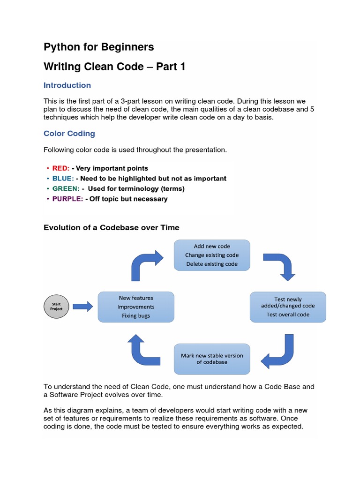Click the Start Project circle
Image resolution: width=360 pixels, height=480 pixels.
pos(56,307)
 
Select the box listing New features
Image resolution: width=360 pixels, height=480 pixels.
pos(136,307)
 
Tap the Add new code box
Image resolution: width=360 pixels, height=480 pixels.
pos(212,255)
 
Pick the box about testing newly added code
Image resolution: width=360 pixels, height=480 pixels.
pos(288,307)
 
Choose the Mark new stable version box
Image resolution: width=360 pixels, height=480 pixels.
pos(212,359)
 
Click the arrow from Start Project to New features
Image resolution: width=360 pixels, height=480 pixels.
pos(83,307)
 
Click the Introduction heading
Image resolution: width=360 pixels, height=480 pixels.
pos(67,85)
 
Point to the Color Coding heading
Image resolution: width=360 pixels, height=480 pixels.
pos(69,134)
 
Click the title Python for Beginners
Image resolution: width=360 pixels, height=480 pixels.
pos(98,47)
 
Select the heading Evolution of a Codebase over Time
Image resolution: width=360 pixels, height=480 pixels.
pos(112,227)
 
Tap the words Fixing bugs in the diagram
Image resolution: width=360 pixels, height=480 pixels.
pos(136,316)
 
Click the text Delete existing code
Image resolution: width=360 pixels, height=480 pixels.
pos(212,264)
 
